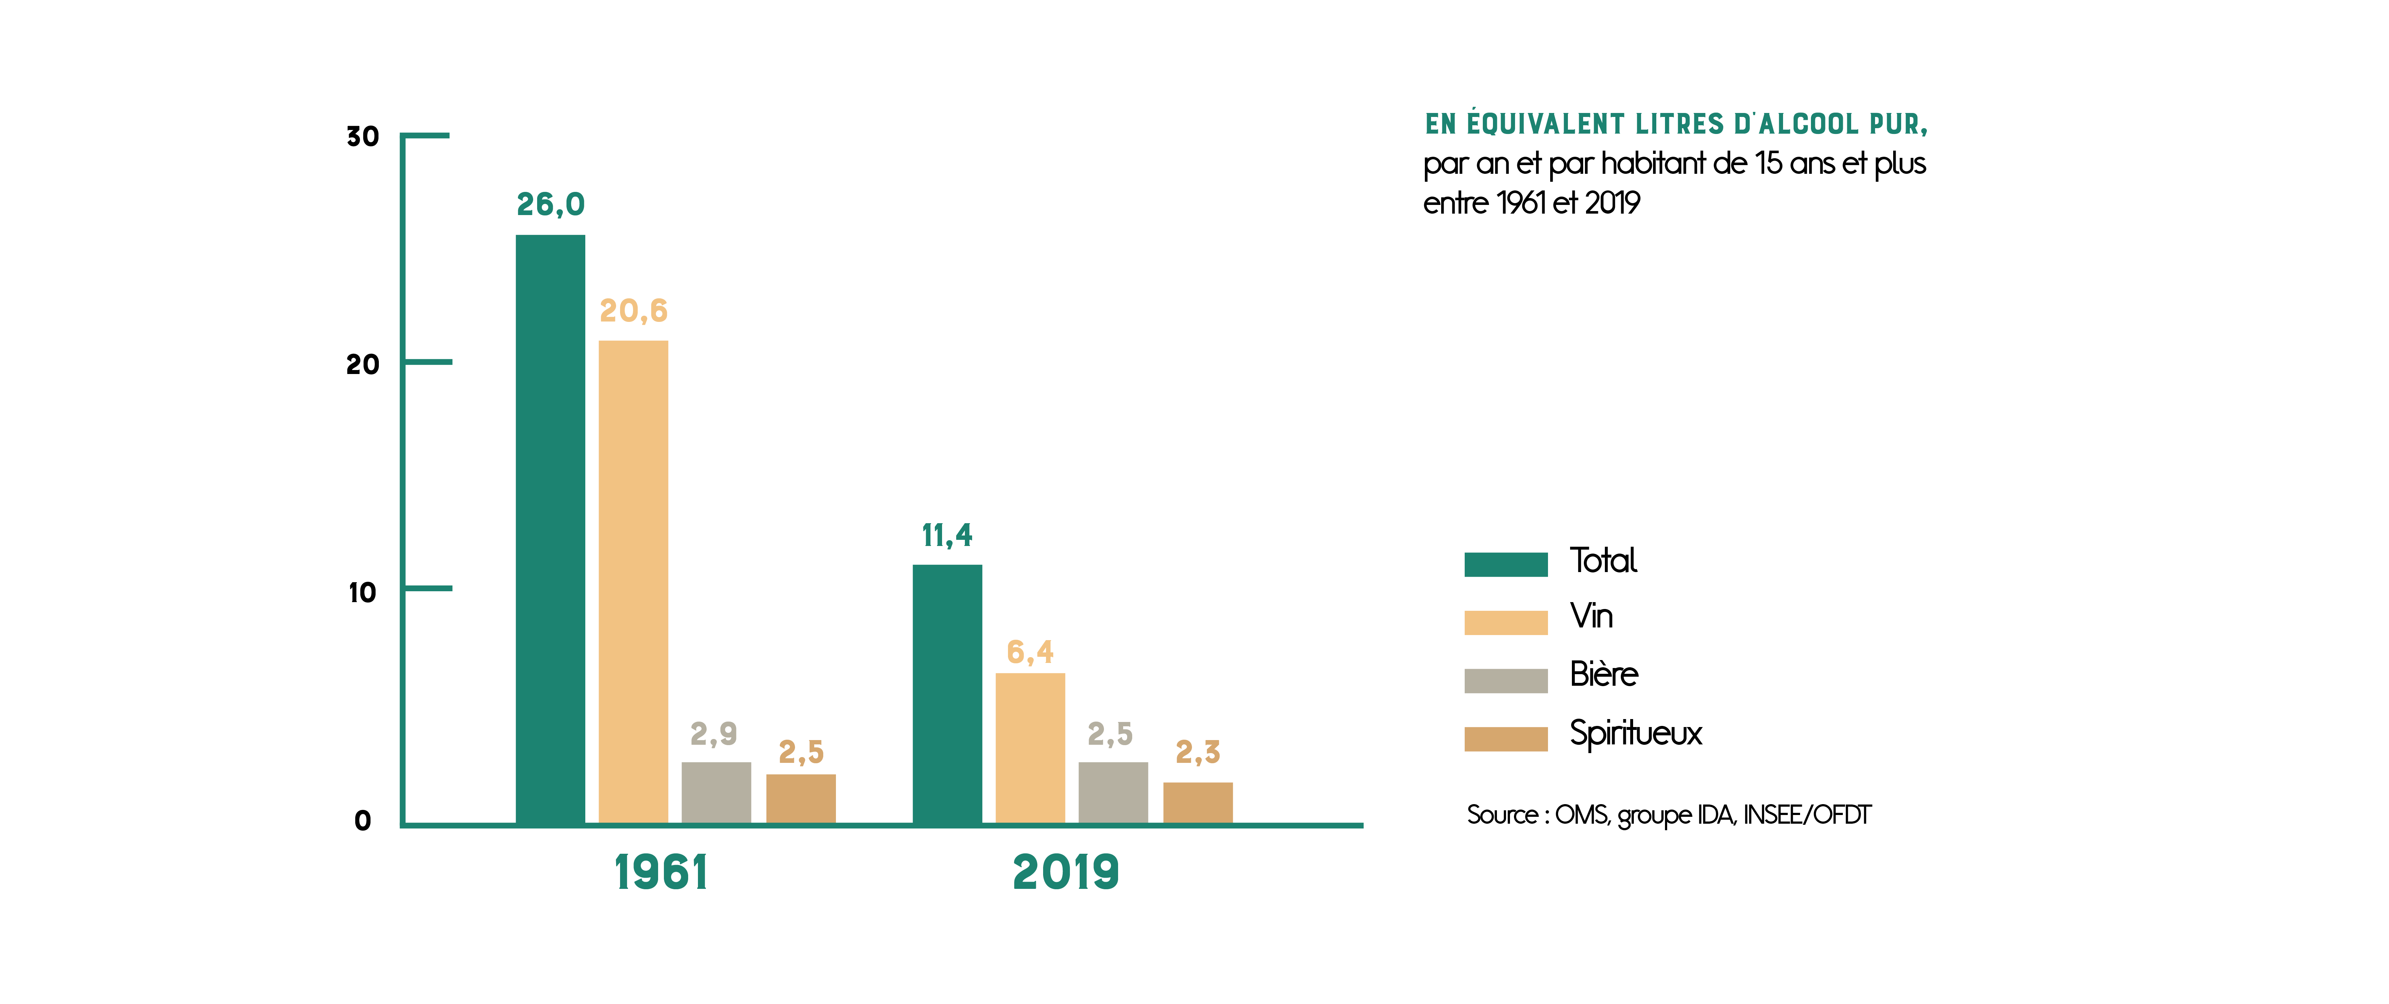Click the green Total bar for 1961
click(550, 528)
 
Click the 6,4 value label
click(1029, 653)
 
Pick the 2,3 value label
click(1197, 752)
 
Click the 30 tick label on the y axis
click(363, 137)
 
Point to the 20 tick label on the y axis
click(363, 364)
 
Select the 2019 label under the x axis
click(1066, 872)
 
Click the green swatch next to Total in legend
click(1505, 564)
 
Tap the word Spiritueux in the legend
click(1635, 733)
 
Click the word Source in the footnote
click(1502, 815)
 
